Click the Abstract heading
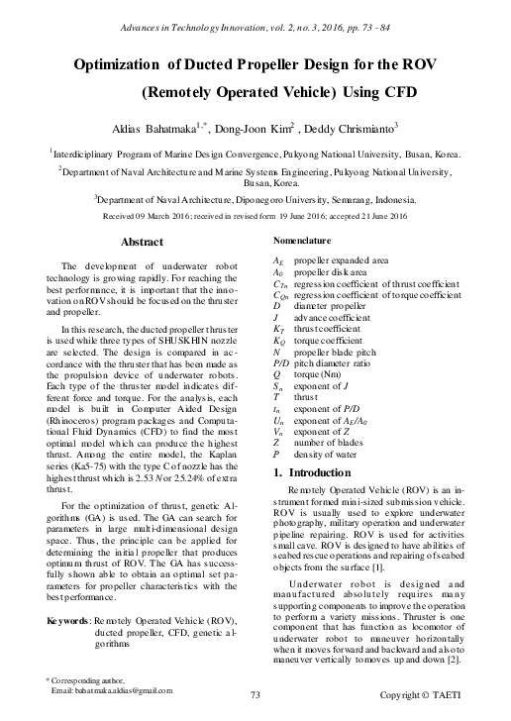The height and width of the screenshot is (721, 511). point(141,242)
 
